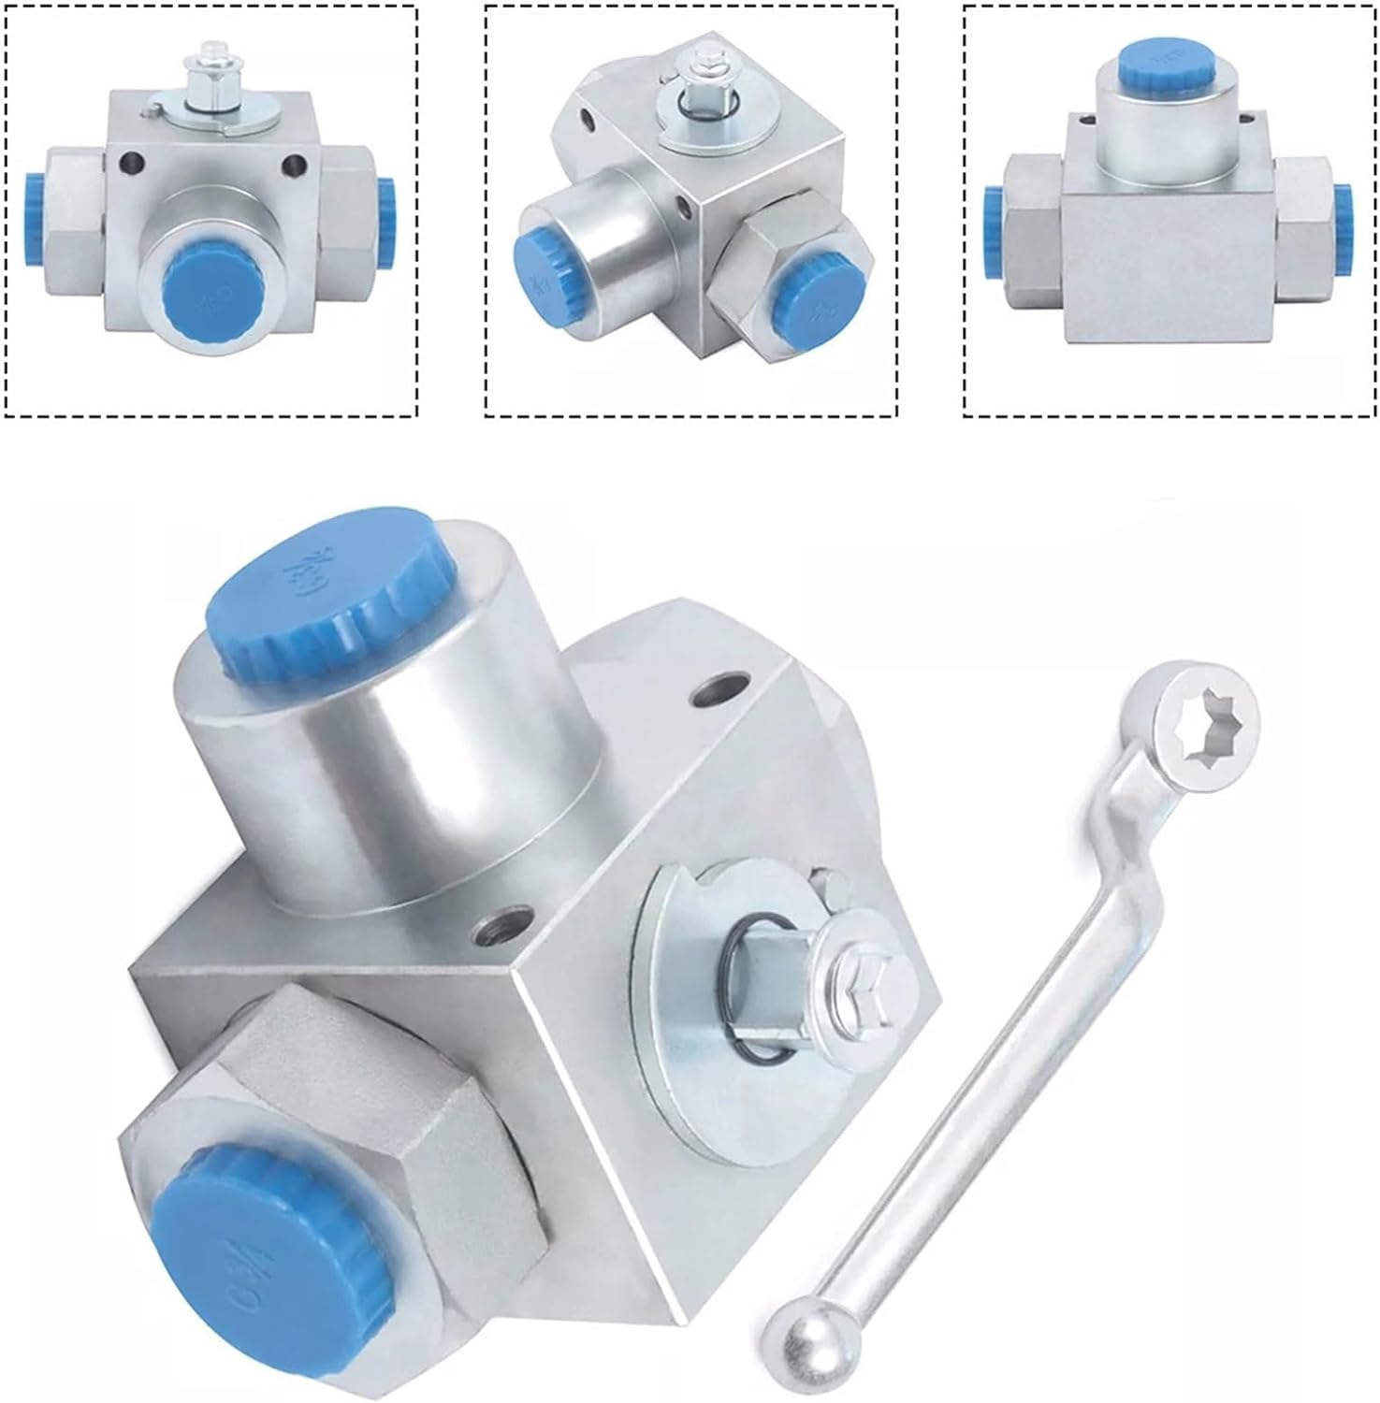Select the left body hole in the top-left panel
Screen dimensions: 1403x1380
130,162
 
